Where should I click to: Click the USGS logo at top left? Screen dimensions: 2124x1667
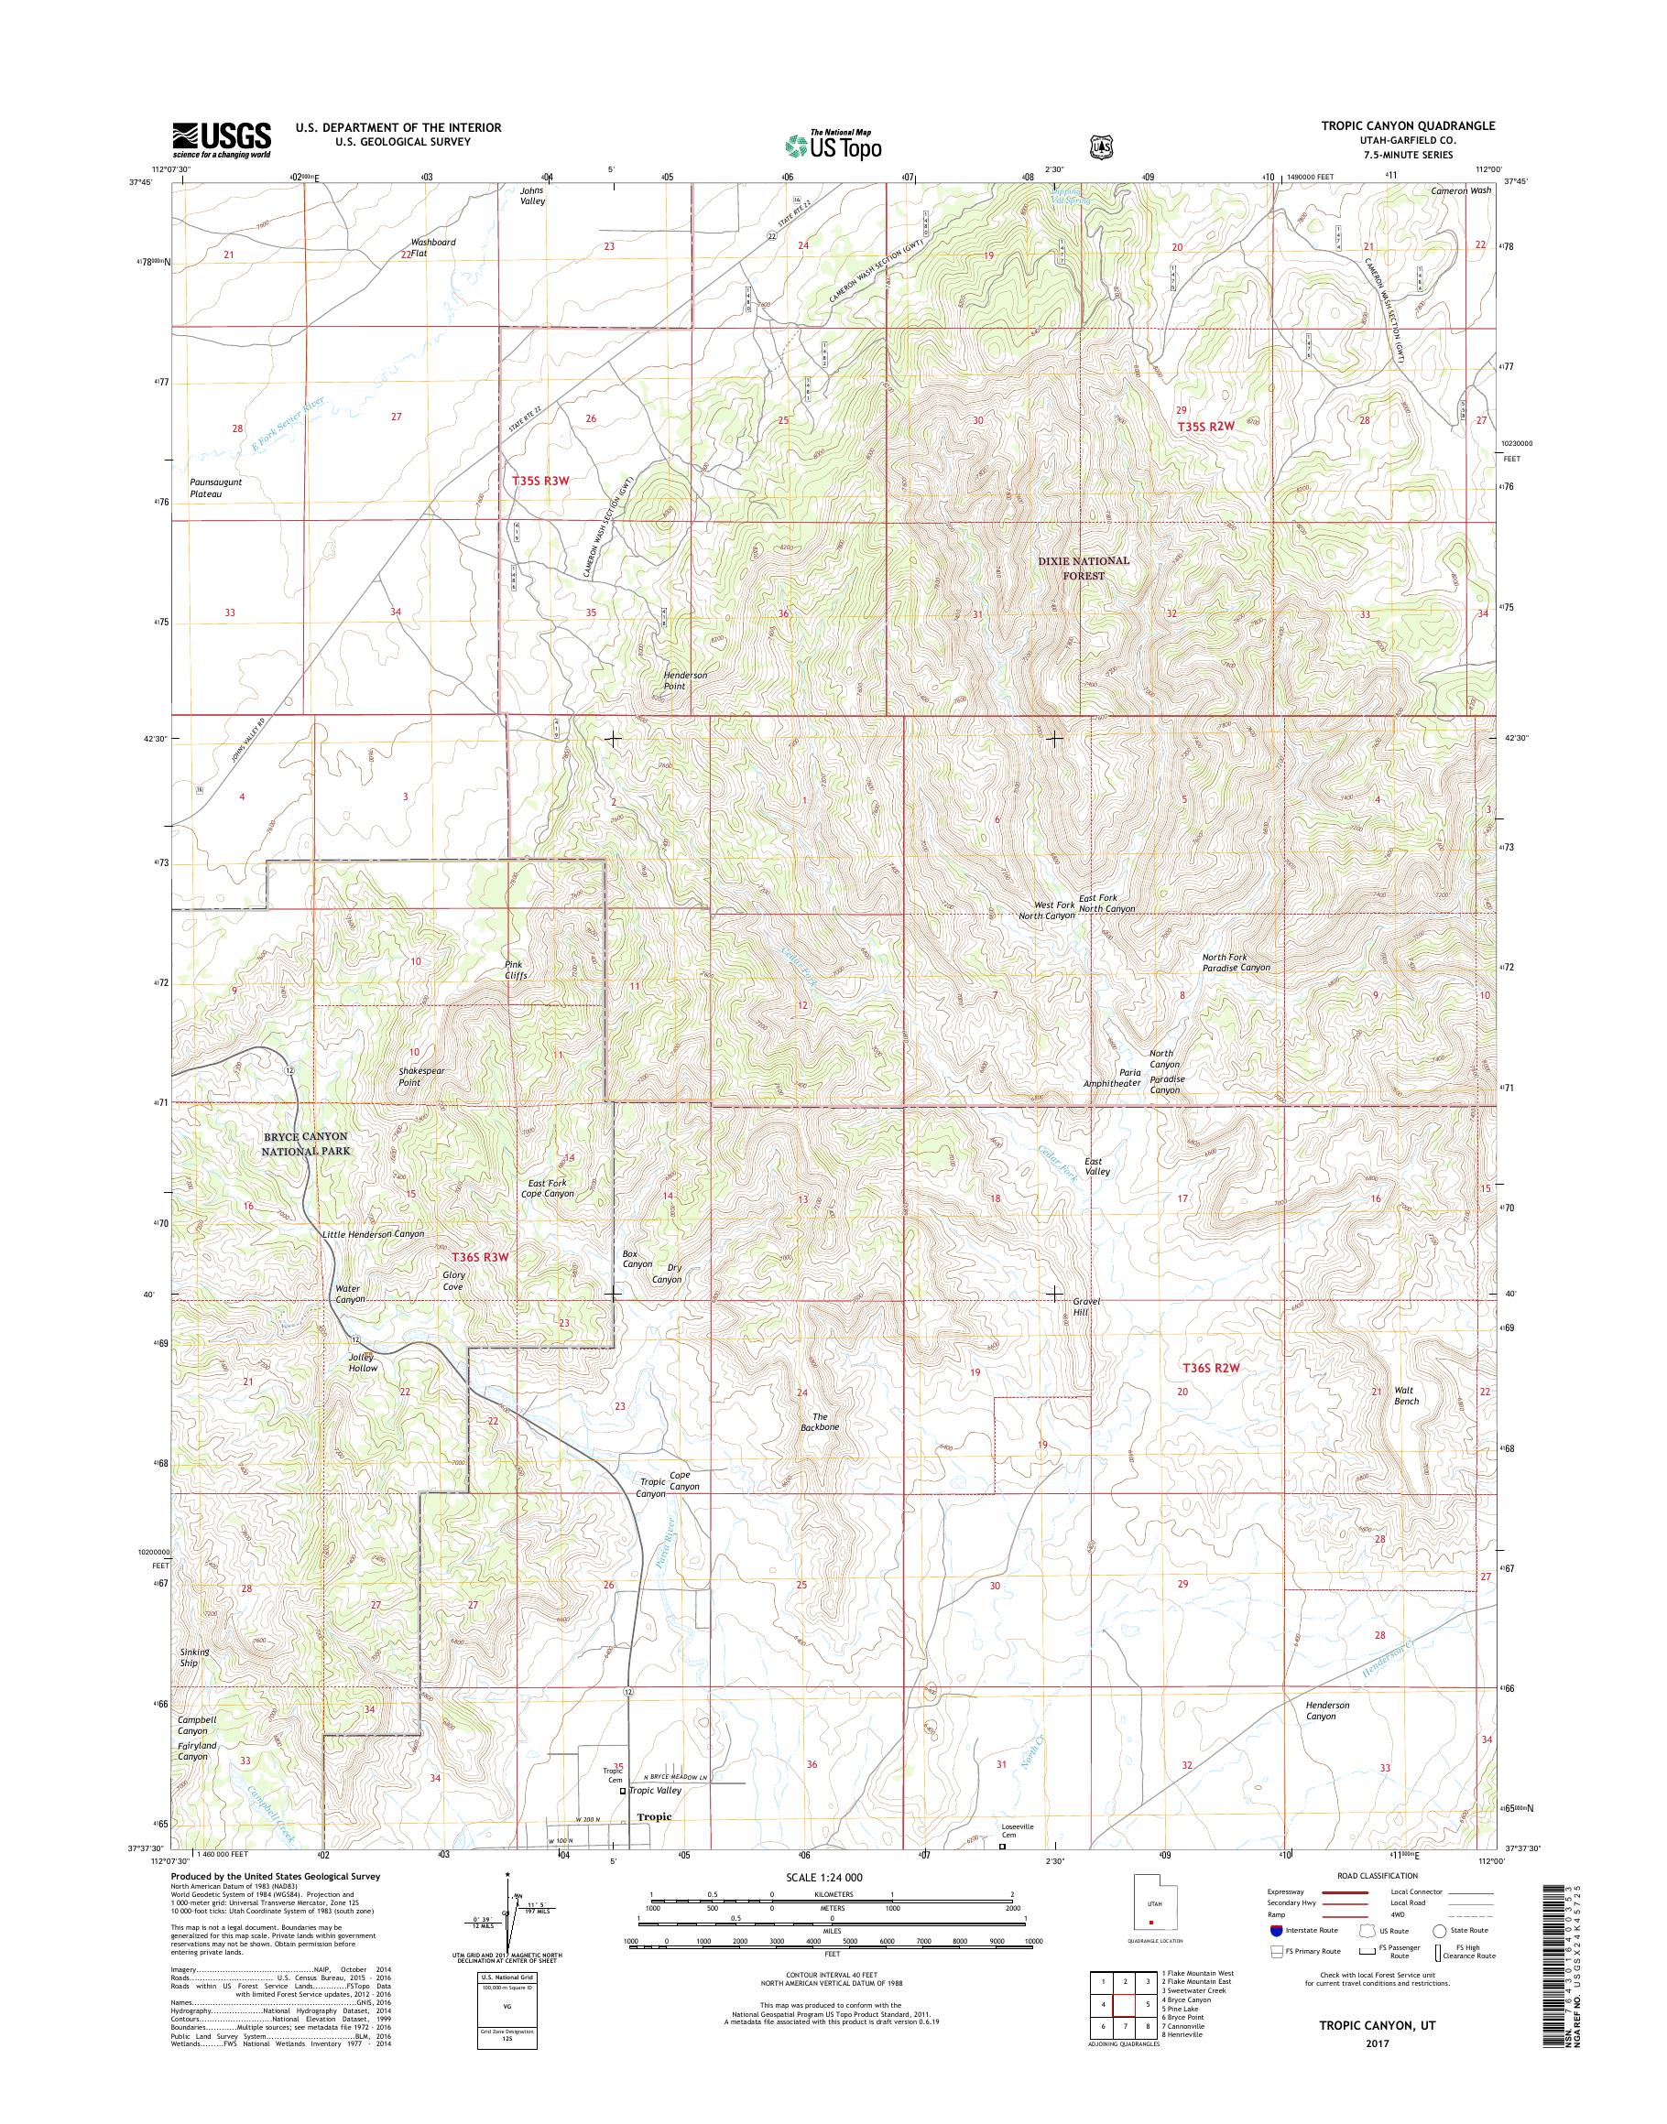click(222, 139)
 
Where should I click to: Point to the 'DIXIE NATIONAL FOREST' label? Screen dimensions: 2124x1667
click(1084, 568)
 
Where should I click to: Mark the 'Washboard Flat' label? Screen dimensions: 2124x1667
click(432, 247)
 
